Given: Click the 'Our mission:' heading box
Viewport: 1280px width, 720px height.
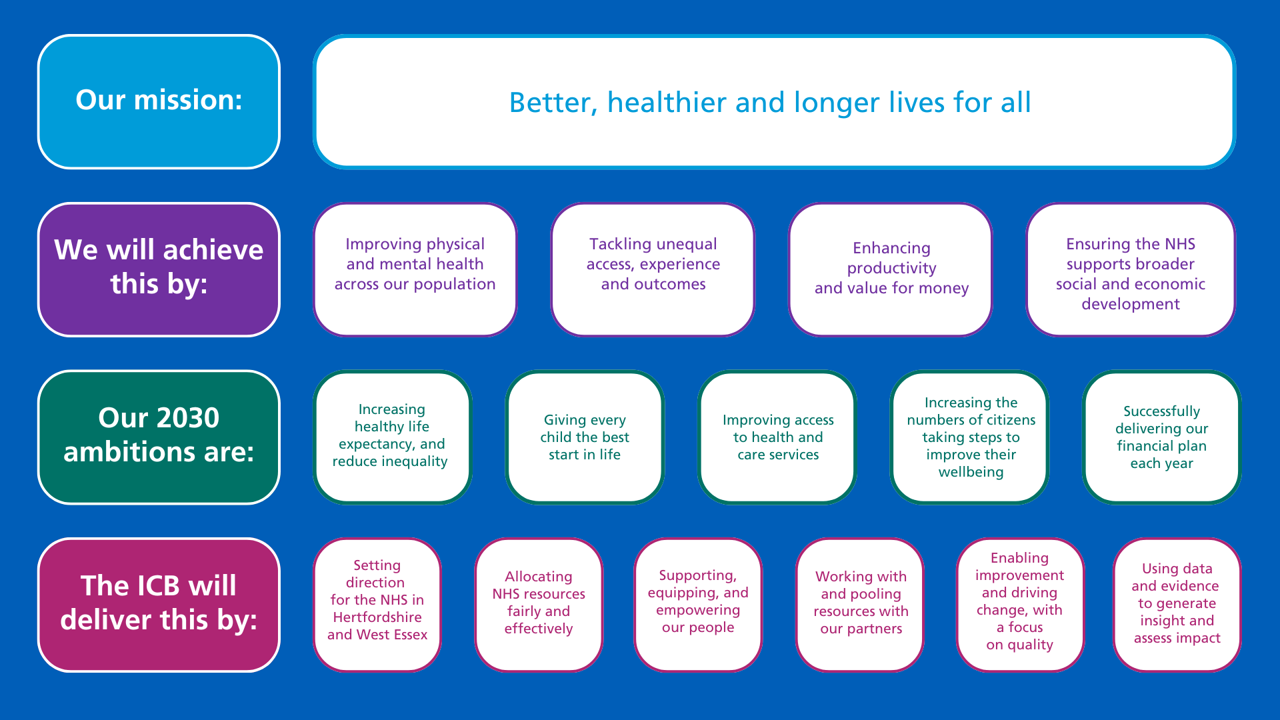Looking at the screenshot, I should [159, 101].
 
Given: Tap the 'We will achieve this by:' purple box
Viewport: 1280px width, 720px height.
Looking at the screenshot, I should [159, 269].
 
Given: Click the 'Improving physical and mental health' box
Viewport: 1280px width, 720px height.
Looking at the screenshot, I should [415, 269].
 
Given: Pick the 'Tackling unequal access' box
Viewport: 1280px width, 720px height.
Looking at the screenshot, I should [653, 269].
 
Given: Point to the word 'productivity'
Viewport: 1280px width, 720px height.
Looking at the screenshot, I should [891, 268].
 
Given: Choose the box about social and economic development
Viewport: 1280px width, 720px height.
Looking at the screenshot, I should [1130, 269].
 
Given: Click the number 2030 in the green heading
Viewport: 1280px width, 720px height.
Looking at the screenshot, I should [188, 418].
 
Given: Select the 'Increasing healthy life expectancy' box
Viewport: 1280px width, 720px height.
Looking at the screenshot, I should [392, 437].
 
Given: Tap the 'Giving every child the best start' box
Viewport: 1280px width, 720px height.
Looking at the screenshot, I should [585, 437].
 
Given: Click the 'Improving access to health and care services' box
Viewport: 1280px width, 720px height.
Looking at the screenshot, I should [777, 437].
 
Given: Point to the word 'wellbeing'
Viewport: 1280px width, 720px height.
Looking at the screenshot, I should [971, 472].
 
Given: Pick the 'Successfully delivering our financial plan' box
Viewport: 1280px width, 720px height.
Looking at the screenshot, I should [1161, 437].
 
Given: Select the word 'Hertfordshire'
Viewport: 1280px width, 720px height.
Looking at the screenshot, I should [377, 617].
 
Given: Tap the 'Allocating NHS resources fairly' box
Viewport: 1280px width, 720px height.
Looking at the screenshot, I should [538, 604].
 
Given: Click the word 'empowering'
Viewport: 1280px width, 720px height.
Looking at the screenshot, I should [697, 610].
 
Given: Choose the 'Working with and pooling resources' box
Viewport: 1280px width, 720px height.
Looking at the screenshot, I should [860, 604].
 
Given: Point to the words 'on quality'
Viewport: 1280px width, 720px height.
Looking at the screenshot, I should [1019, 645].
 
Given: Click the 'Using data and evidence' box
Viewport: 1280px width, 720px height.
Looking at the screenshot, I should [1177, 604].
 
